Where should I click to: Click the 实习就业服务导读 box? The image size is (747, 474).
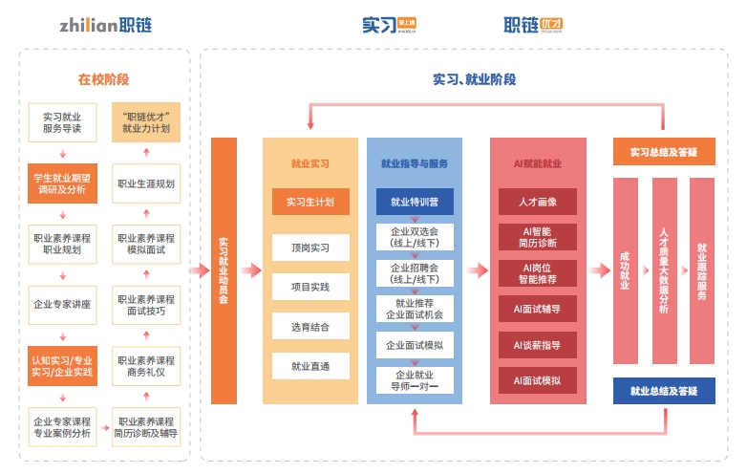click(x=62, y=122)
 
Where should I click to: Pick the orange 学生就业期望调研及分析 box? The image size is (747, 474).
click(x=62, y=183)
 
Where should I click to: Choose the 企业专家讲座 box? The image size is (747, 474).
click(x=62, y=303)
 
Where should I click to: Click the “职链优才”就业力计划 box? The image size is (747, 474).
click(x=146, y=122)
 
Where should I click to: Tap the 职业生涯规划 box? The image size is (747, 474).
click(x=146, y=183)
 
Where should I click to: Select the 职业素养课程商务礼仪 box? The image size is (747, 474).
click(x=146, y=367)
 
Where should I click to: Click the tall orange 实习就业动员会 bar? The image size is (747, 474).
click(x=224, y=270)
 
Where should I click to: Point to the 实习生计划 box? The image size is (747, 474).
click(x=310, y=202)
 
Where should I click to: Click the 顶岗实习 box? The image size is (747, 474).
click(x=310, y=248)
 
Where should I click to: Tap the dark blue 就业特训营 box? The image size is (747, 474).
click(x=414, y=202)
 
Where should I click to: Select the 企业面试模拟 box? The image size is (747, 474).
click(x=414, y=344)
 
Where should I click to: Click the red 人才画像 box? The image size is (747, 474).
click(x=537, y=202)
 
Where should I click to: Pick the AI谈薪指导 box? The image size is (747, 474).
click(x=537, y=344)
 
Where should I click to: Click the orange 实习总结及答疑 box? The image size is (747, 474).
click(x=663, y=152)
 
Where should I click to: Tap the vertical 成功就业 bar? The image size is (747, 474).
click(x=625, y=270)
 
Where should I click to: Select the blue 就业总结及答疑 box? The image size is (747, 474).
click(x=663, y=391)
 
